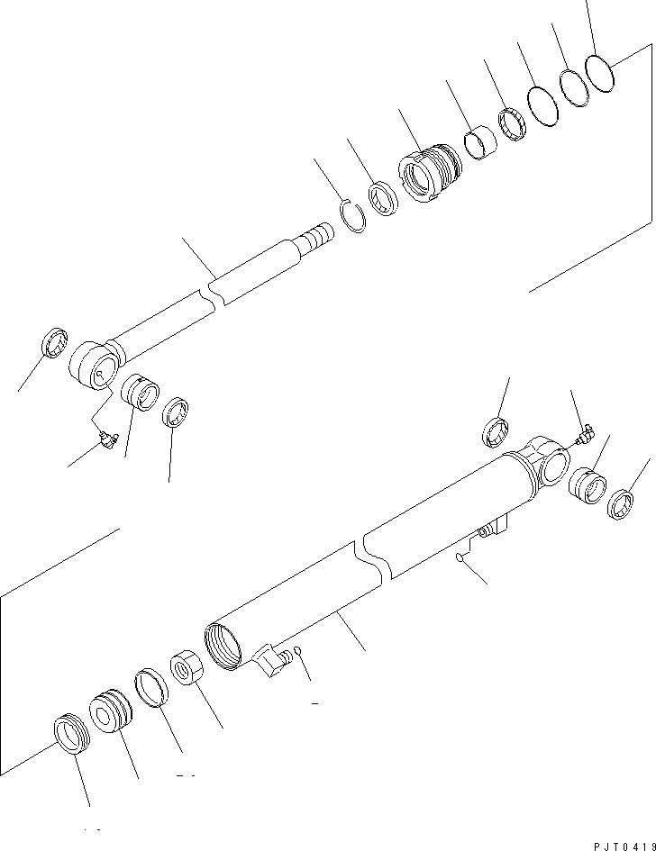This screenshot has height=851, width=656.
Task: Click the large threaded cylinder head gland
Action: tap(428, 174)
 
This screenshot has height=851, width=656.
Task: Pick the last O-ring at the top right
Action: tap(599, 72)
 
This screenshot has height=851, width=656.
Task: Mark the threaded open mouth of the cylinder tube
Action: tap(223, 645)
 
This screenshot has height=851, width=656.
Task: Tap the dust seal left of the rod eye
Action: tap(55, 344)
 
